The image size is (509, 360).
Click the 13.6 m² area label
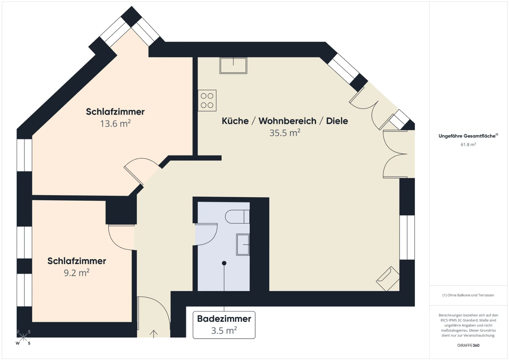pos(115,124)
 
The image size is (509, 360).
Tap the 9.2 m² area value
pos(77,273)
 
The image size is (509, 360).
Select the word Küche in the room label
pos(235,121)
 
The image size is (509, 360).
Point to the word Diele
pos(337,121)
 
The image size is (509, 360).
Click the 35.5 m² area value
pos(285,133)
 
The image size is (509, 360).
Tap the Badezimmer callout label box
pos(224,325)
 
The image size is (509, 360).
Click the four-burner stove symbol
pos(207,100)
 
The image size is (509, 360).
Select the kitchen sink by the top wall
pos(234,66)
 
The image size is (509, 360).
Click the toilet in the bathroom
pos(237,217)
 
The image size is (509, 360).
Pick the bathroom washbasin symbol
pos(243,244)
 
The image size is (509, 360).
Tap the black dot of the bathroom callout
pos(224,263)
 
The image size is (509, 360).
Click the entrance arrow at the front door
pos(154,334)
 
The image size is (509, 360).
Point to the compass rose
pos(23,337)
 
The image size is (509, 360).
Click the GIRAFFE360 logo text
pos(468,345)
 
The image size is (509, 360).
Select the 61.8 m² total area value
pos(468,144)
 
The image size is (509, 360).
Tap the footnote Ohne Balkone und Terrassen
pos(468,295)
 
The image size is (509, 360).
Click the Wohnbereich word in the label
pos(288,121)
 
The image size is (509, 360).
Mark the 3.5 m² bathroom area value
pos(224,330)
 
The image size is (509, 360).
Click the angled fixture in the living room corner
pos(388,279)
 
